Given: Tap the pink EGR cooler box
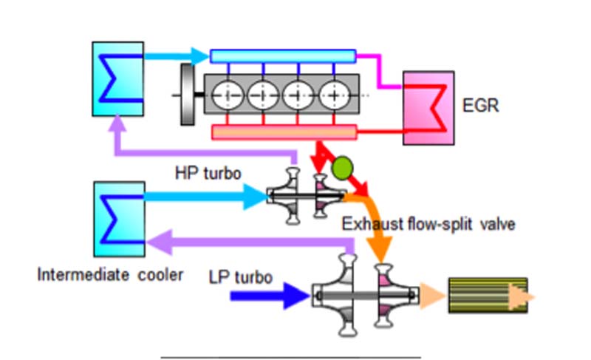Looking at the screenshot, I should (x=428, y=108).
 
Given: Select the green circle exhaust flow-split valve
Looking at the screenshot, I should (x=341, y=168).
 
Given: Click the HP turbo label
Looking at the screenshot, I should (x=203, y=171).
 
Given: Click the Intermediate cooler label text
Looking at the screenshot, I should (x=110, y=276).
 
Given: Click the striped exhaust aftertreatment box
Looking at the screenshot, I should (x=488, y=295).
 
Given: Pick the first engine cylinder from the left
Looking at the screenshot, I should (x=228, y=95).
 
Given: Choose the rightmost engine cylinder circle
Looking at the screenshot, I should (x=335, y=95).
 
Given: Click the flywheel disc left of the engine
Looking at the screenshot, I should (x=187, y=95).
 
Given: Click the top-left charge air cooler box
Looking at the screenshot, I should (x=117, y=78).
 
